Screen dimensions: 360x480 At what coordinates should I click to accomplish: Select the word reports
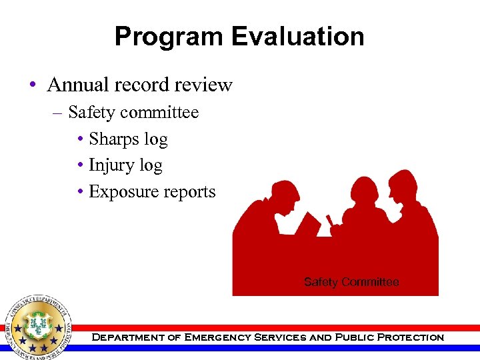189,192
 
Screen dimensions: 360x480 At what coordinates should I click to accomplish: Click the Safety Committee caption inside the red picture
351,282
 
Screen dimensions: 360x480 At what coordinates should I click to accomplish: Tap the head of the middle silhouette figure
365,193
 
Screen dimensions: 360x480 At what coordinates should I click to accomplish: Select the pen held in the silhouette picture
329,221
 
